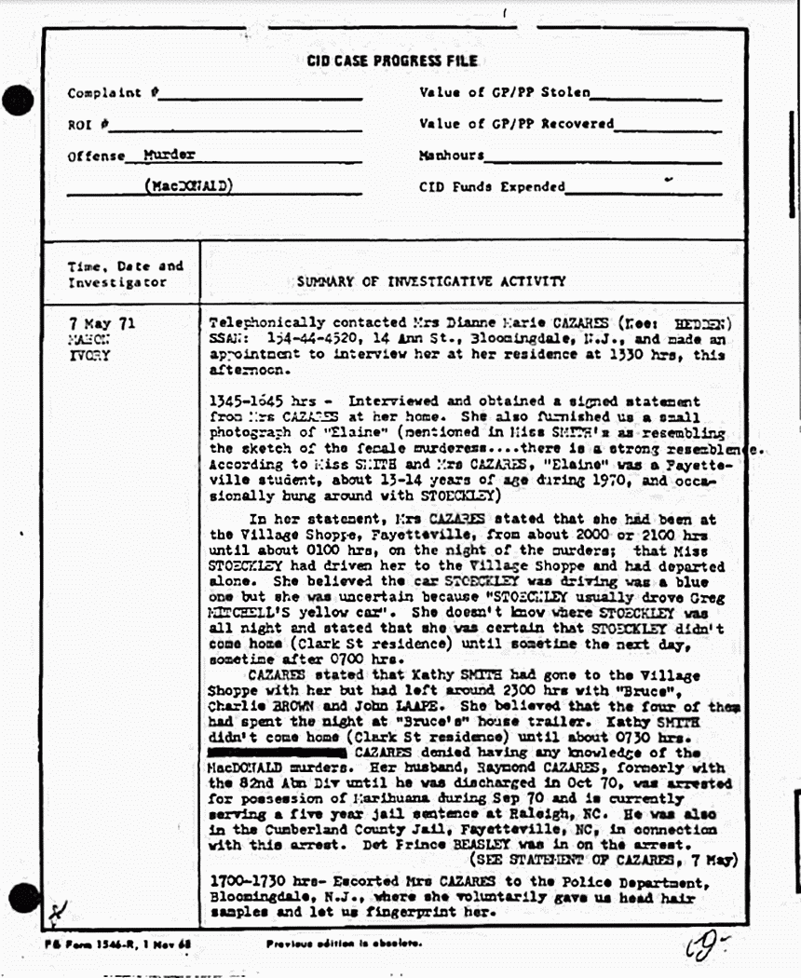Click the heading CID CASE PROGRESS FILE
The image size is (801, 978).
coord(392,61)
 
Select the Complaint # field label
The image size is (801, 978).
coord(113,93)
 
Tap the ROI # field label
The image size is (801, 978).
coord(88,124)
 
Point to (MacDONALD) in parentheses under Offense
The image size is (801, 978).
coord(189,184)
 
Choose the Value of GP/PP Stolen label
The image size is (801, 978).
coord(504,92)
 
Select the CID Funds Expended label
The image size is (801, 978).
coord(492,185)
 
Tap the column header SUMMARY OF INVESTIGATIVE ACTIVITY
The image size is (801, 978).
coord(430,280)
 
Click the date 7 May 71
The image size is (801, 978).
coord(102,323)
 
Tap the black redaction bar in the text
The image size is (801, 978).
coord(278,752)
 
